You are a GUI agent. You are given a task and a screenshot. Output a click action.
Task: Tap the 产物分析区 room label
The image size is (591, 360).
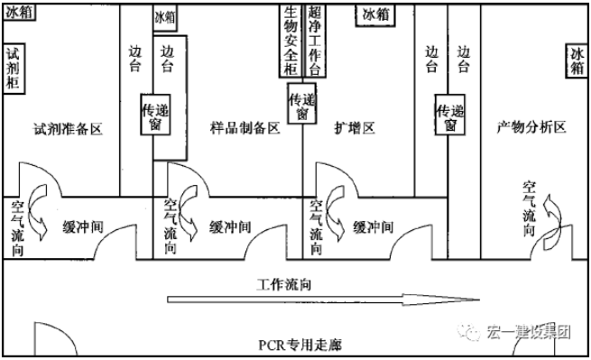point(531,128)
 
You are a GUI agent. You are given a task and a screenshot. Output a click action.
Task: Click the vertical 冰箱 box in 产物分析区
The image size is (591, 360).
point(576,64)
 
